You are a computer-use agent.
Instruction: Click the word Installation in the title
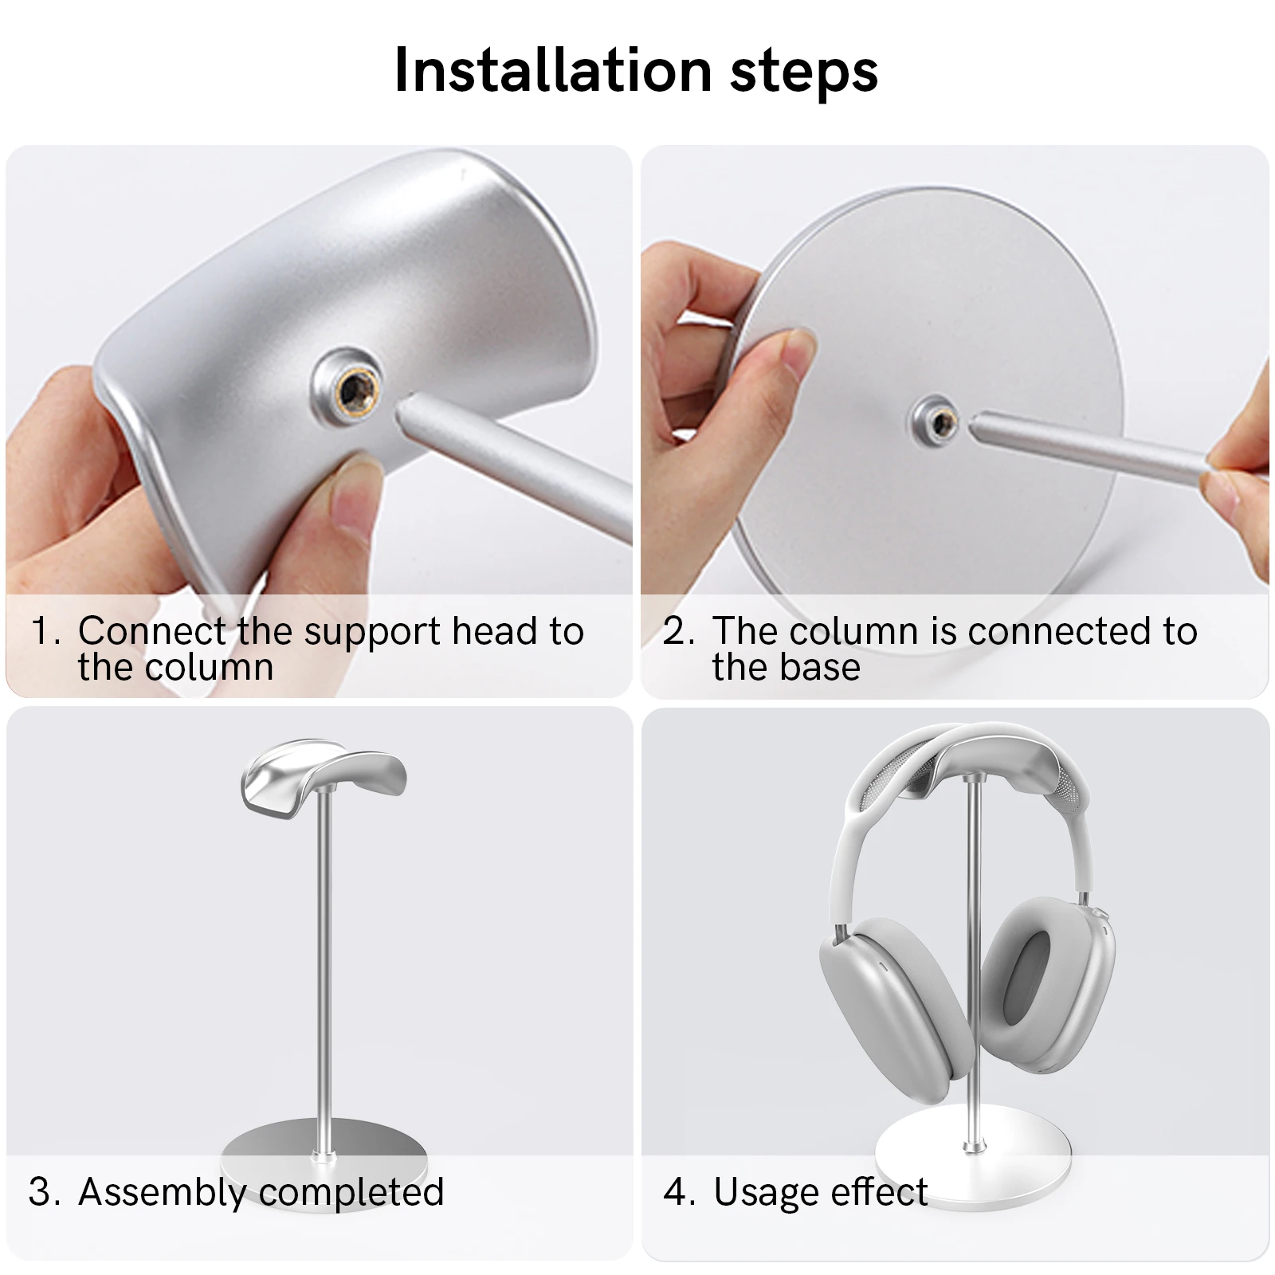pyautogui.click(x=553, y=71)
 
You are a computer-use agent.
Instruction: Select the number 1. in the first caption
pyautogui.click(x=45, y=631)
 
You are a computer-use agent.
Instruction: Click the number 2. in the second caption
pyautogui.click(x=679, y=631)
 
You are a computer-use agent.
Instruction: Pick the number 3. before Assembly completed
pyautogui.click(x=45, y=1191)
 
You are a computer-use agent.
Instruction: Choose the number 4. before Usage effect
pyautogui.click(x=680, y=1192)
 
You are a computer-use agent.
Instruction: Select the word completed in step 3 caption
pyautogui.click(x=351, y=1194)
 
